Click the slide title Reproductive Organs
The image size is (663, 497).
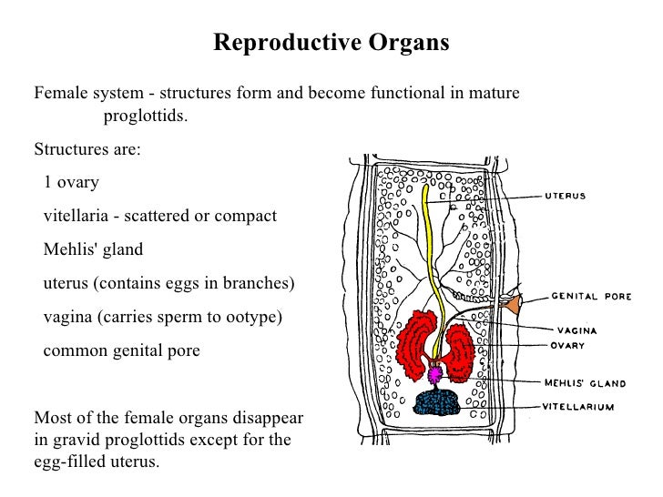coord(331,44)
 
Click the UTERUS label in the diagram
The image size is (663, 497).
coord(565,196)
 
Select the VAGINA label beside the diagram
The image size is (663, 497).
coord(576,331)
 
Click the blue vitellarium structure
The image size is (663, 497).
coord(435,403)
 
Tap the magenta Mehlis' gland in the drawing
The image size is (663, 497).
coord(435,374)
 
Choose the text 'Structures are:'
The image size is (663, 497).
coord(87,148)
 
